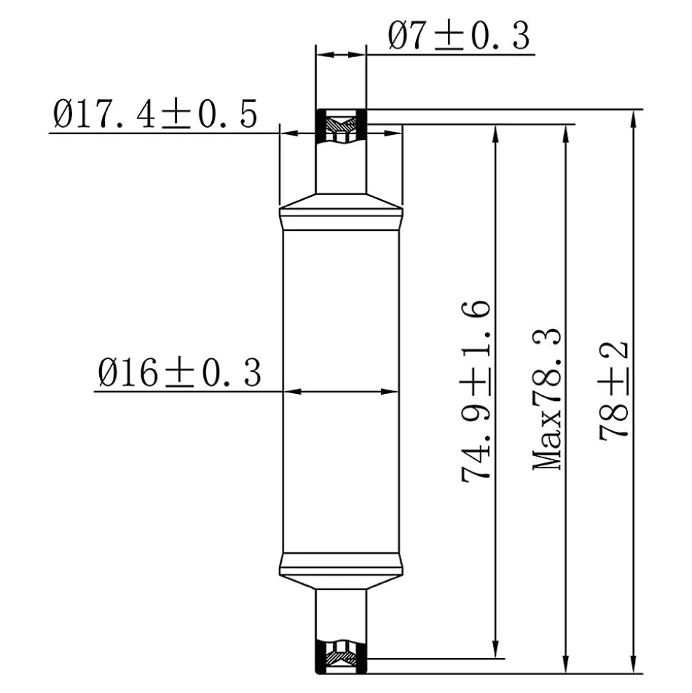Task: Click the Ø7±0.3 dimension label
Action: tap(459, 36)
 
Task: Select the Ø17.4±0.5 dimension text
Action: tap(155, 114)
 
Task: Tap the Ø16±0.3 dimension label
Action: tap(180, 373)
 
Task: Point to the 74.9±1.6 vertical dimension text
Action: tap(475, 391)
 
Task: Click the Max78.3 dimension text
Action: tap(547, 399)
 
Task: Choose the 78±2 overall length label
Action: tap(614, 390)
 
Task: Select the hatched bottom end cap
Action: tap(341, 657)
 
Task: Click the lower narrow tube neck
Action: tap(341, 614)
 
